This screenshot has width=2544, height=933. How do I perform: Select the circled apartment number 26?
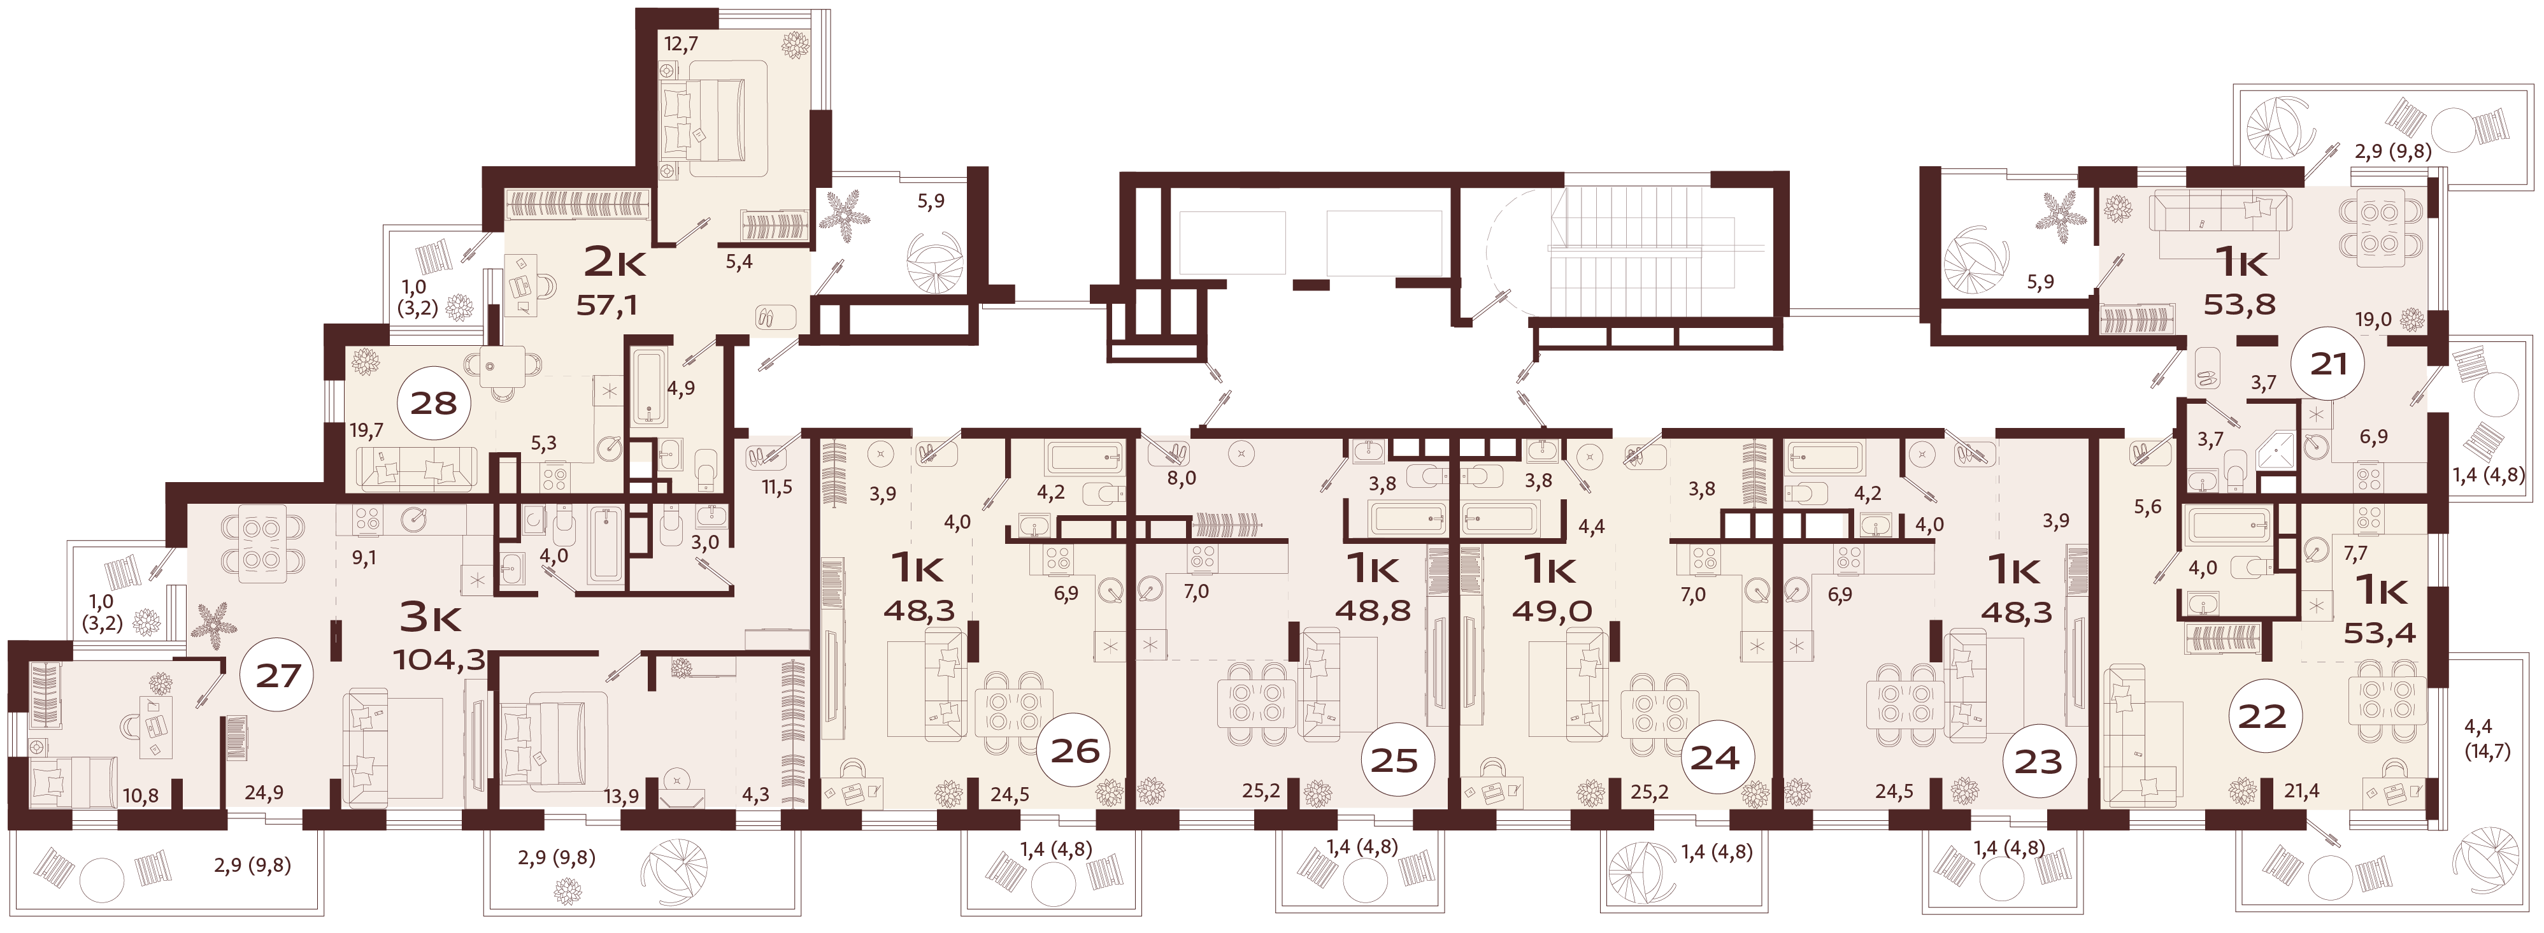1075,750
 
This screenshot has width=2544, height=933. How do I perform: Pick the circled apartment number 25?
1394,760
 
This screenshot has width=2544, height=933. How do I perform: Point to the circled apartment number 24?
1715,757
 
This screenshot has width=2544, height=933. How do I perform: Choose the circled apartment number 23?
2038,761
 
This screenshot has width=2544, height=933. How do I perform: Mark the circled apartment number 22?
2262,716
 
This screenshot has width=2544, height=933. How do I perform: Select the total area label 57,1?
606,305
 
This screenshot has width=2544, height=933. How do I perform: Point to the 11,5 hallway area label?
777,487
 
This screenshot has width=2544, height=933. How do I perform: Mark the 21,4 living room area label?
2302,789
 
